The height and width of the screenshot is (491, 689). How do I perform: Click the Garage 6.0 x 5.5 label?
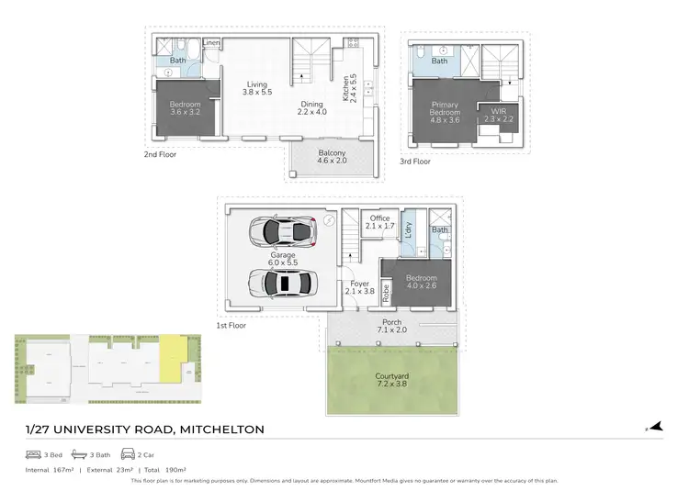coord(282,259)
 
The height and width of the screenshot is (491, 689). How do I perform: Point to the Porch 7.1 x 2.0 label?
coord(391,327)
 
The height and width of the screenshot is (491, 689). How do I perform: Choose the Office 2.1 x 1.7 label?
coord(379,222)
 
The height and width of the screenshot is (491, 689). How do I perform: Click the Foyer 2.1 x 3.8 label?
coord(357,286)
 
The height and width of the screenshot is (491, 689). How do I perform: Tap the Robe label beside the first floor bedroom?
coord(386,294)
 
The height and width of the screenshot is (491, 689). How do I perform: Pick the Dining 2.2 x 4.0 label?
coord(311,108)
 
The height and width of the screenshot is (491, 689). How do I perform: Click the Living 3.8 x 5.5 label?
coord(256,89)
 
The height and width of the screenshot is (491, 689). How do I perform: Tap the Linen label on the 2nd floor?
coord(211,43)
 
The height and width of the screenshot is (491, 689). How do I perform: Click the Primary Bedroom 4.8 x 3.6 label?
coord(445,111)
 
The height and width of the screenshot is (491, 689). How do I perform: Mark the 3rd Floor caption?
coord(414,162)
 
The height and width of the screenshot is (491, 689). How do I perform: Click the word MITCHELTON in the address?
coord(222,430)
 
